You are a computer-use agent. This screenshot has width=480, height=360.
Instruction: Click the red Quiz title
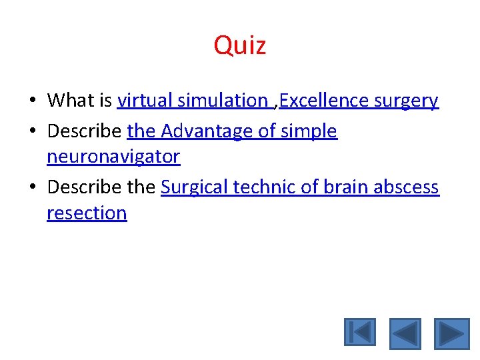point(240,45)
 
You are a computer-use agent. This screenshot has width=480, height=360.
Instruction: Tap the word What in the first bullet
point(71,101)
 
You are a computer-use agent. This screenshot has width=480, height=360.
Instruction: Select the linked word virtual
point(142,101)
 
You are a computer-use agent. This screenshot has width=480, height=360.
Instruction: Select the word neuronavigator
point(113,157)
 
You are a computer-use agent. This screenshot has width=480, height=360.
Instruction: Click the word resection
point(87,213)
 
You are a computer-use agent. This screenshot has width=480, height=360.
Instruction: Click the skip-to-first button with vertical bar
point(360,333)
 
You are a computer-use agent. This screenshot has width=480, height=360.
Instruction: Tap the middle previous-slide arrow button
point(405,333)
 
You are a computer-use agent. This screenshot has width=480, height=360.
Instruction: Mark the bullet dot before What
point(32,101)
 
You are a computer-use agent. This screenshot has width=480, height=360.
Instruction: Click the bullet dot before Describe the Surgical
point(32,188)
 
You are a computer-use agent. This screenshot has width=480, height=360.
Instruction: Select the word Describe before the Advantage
point(85,131)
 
